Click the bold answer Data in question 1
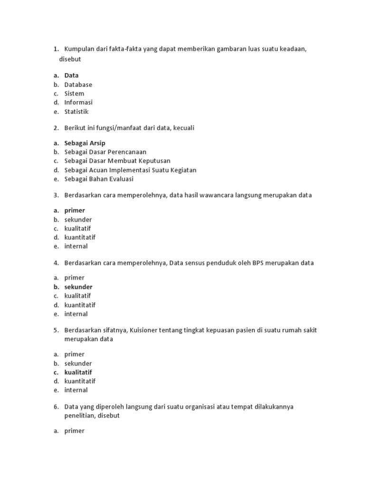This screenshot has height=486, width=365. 71,75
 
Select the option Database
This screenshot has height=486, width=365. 78,84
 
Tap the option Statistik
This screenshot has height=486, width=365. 77,112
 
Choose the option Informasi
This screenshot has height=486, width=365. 78,103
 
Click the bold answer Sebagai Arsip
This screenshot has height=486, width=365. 85,143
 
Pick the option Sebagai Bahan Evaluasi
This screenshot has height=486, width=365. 99,179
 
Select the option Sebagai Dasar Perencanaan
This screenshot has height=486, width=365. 106,152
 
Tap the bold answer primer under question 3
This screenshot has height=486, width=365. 75,210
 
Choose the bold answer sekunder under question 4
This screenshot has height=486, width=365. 78,287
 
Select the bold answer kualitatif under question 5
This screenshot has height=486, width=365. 78,372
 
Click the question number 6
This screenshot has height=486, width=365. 56,407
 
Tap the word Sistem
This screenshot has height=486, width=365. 74,93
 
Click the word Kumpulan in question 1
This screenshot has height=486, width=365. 79,49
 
